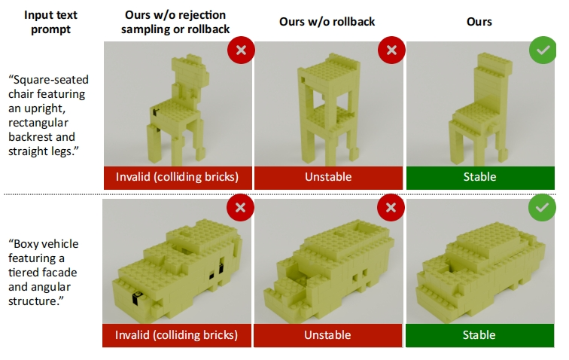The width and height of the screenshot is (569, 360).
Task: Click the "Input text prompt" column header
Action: coord(50,22)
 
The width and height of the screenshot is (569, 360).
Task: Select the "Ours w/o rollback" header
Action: coord(327,21)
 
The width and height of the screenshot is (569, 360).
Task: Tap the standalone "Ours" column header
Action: coord(479,21)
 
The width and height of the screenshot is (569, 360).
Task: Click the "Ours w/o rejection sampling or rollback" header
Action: coord(175,22)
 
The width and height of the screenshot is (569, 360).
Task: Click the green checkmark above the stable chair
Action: coord(543,50)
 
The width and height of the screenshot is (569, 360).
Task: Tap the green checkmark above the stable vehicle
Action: coord(542,207)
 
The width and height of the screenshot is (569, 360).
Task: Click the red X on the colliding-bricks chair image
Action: coord(241,50)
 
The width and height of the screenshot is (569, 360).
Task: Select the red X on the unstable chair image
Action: coord(391,50)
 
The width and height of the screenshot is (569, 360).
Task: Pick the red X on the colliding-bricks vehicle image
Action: coord(240,207)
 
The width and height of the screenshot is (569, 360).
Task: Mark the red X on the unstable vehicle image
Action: coord(391,207)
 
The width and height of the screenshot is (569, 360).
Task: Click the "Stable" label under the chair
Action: coord(479,177)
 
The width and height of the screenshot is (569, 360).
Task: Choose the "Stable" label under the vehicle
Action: coord(479,335)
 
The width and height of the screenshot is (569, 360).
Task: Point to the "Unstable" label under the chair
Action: coord(328,177)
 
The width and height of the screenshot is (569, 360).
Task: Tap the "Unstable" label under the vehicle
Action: coord(327,335)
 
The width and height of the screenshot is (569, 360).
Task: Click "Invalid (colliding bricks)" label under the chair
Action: coord(177,177)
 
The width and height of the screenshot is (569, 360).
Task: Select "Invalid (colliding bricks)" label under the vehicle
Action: coord(176,335)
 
